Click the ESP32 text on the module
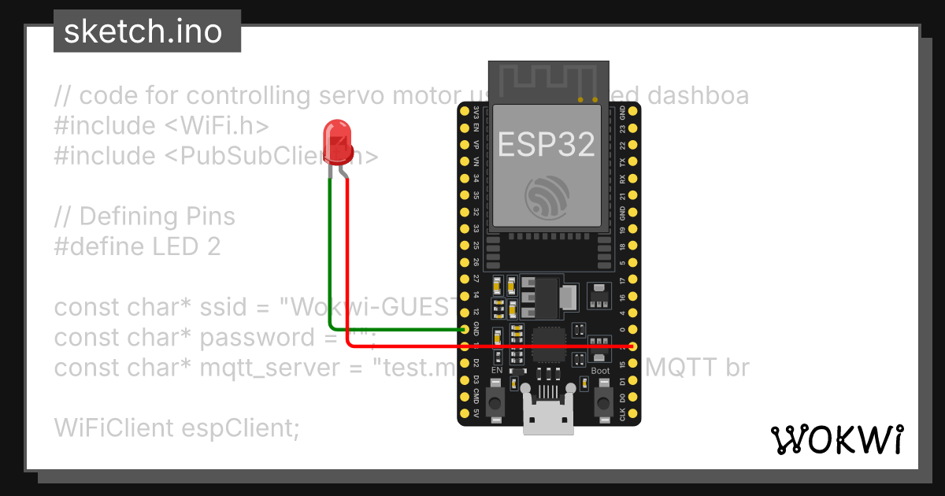point(546,144)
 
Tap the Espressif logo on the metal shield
point(546,197)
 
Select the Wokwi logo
point(837,440)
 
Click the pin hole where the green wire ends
point(465,329)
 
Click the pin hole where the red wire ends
point(634,346)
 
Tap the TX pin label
point(623,162)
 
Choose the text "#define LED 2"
point(137,246)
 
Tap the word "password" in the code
point(248,337)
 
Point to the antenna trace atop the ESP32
point(549,78)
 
